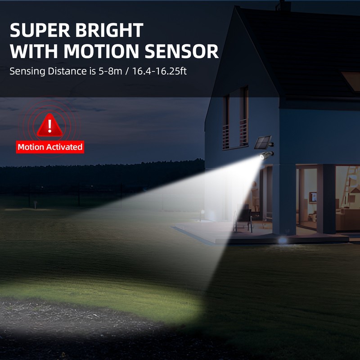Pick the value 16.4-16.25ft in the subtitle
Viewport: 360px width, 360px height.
point(155,71)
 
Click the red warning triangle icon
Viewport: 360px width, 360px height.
point(49,125)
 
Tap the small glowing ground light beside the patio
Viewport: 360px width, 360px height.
point(282,240)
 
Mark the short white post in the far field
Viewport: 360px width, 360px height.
point(35,205)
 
